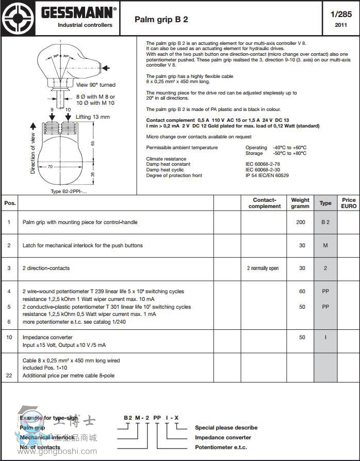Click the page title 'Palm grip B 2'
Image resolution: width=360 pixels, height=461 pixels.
161,20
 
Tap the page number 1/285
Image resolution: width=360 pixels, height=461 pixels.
340,14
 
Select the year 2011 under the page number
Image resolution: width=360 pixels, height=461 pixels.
340,25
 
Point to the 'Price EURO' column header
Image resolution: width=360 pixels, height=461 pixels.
349,203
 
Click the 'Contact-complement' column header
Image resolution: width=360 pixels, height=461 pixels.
265,203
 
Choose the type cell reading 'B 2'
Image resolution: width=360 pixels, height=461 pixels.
325,222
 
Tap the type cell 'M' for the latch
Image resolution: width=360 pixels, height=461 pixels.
325,246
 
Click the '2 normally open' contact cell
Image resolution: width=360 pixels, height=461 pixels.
263,268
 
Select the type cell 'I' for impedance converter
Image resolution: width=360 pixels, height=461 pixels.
325,338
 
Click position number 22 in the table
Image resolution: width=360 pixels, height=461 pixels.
9,376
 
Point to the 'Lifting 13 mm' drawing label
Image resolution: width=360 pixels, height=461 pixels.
93,117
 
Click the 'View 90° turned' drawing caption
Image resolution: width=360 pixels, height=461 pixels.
96,85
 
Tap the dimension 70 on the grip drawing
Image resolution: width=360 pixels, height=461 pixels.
50,167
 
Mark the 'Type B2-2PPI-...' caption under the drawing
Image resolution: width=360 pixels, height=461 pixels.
69,192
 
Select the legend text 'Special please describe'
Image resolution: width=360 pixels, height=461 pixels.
226,427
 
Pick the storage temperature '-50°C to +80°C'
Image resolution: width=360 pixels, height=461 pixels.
289,153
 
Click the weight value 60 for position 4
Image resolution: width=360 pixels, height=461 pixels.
302,292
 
